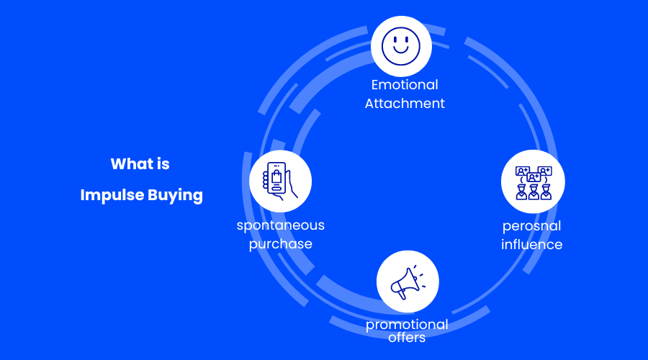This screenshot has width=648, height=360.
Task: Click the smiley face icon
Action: [x=401, y=46]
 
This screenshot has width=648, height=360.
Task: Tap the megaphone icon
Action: [x=408, y=282]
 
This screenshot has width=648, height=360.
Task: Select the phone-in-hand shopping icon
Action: [x=280, y=181]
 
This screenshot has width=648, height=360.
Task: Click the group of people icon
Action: [x=533, y=183]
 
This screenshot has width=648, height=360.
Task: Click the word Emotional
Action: [x=405, y=85]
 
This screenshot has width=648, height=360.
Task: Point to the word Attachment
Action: [x=405, y=103]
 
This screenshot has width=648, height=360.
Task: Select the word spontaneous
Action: [x=281, y=225]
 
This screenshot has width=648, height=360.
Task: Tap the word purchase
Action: [x=281, y=243]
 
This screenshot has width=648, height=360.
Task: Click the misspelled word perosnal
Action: [x=532, y=226]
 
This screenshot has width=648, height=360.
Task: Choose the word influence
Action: [x=532, y=244]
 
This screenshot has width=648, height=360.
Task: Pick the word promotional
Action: [x=407, y=325]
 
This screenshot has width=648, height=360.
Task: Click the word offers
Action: [x=407, y=337]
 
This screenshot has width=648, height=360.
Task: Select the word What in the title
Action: [x=130, y=164]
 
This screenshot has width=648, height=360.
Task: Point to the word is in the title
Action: [x=163, y=164]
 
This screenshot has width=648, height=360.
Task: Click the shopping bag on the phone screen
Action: [x=276, y=178]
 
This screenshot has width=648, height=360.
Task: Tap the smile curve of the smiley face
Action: [x=401, y=52]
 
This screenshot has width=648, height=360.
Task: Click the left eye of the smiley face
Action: [x=395, y=40]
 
